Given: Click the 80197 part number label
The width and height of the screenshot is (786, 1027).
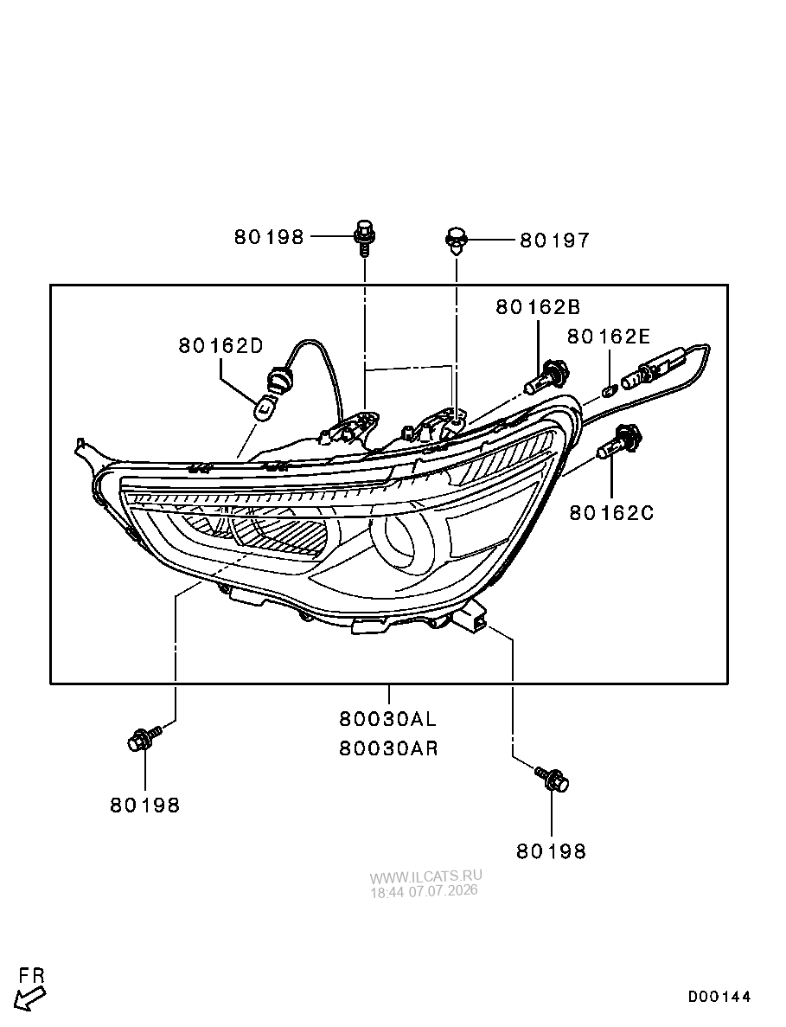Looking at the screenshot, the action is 554,241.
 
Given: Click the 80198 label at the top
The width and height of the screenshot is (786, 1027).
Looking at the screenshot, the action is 269,236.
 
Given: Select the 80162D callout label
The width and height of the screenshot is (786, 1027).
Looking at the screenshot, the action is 220,345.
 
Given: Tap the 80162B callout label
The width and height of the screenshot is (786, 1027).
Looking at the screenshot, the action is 537,306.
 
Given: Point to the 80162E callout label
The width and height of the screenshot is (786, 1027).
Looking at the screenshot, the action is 609,336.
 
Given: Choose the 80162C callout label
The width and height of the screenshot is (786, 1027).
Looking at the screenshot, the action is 611,512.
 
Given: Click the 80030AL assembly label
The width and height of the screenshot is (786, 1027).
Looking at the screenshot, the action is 387,718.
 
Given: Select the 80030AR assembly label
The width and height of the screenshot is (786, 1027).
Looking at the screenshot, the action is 388,748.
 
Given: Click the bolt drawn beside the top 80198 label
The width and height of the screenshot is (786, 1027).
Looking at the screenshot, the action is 364,238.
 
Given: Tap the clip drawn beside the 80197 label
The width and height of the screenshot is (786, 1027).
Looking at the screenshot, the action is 457,241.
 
